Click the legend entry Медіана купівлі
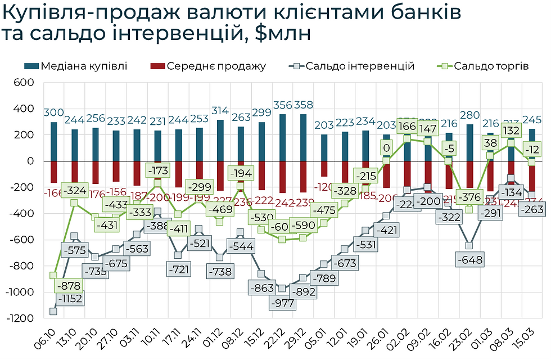point(76,66)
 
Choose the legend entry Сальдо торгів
point(484,66)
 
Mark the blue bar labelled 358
point(304,137)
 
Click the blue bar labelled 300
point(53,141)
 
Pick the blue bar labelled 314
point(220,140)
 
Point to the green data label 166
point(408,127)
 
